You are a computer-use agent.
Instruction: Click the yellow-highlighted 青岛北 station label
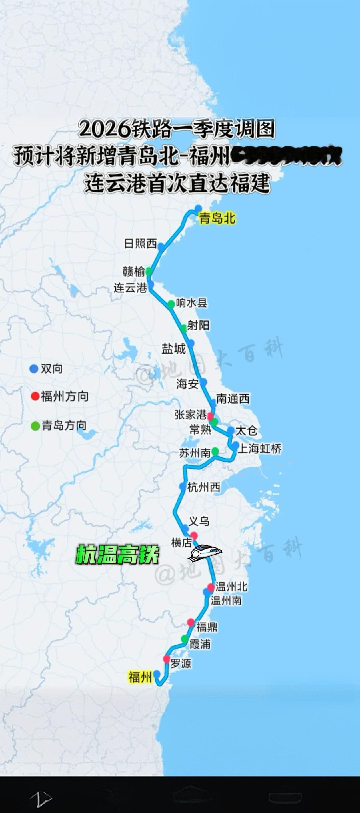[217, 218]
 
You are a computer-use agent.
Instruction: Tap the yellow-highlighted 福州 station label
[140, 677]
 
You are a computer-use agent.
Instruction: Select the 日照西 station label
[140, 244]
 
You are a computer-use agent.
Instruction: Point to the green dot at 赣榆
[149, 271]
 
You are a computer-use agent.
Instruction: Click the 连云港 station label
[130, 288]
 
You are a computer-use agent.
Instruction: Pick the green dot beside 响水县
[171, 304]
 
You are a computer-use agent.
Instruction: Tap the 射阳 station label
[198, 325]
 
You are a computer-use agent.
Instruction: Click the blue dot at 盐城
[190, 343]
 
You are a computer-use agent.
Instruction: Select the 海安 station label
[187, 384]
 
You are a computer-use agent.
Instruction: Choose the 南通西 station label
[233, 398]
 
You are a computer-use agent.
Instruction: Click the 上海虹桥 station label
[259, 449]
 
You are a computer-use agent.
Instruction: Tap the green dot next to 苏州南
[215, 451]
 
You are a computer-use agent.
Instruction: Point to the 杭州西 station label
[204, 487]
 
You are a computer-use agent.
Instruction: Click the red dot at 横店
[194, 536]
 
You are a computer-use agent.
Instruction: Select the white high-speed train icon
[206, 552]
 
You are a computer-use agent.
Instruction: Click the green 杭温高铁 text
[117, 554]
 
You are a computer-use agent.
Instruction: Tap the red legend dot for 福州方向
[35, 396]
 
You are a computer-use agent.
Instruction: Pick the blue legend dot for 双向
[34, 369]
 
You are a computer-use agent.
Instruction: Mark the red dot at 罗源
[167, 659]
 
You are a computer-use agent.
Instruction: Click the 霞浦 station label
[200, 644]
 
